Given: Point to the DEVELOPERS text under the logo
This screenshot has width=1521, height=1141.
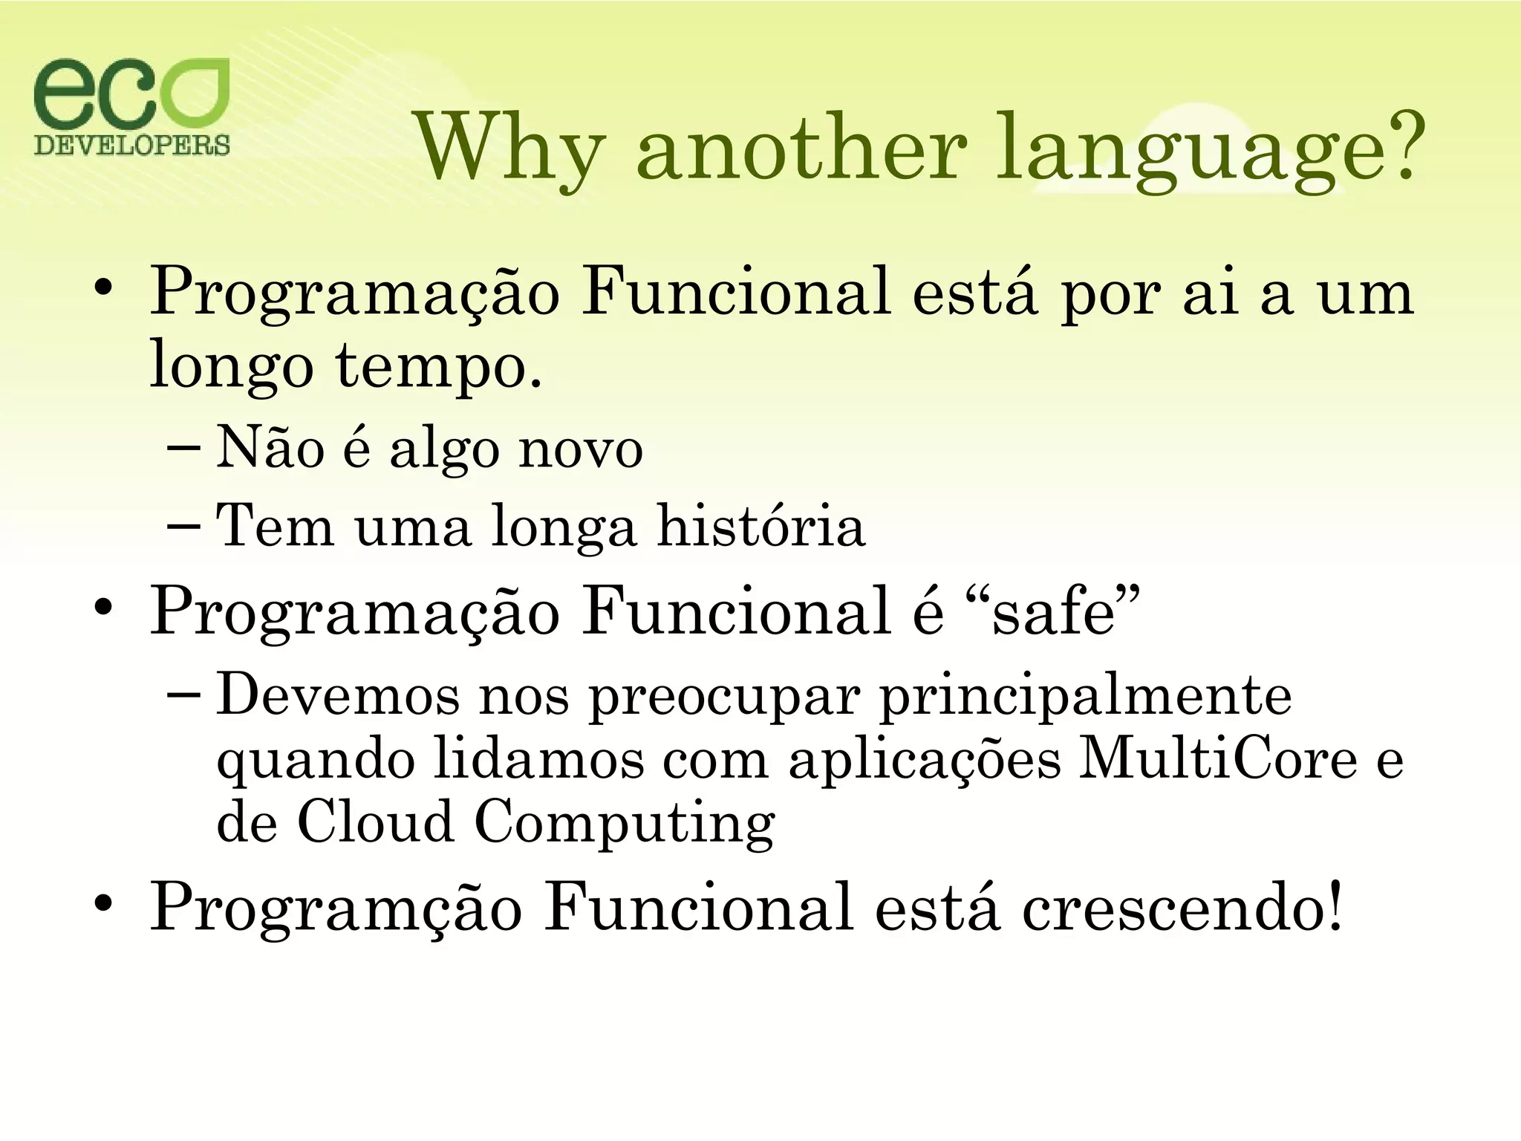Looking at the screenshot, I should pyautogui.click(x=132, y=144).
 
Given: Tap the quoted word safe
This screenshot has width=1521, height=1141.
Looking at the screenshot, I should pyautogui.click(x=1054, y=614).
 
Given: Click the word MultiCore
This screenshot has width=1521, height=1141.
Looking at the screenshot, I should pyautogui.click(x=1217, y=760).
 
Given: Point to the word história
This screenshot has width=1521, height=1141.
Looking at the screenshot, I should pyautogui.click(x=761, y=526).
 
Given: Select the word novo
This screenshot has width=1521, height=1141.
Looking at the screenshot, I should pyautogui.click(x=580, y=450).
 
